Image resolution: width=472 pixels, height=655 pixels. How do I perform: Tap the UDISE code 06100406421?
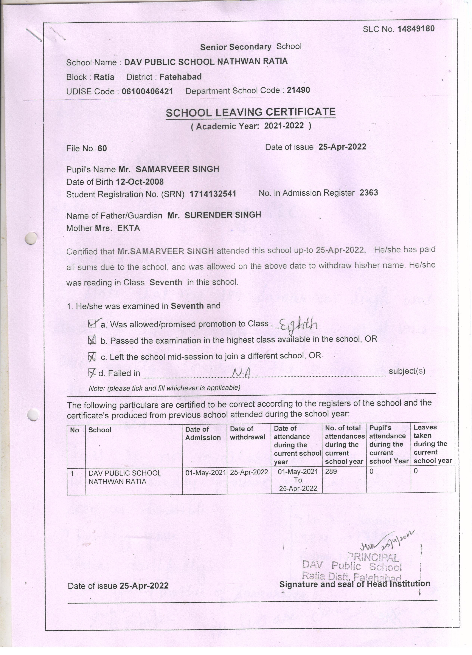pyautogui.click(x=147, y=92)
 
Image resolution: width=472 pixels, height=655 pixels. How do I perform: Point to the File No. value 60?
pyautogui.click(x=102, y=148)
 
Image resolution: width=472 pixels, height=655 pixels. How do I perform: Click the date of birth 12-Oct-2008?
pyautogui.click(x=139, y=182)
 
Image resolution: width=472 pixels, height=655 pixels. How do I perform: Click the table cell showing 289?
pyautogui.click(x=331, y=472)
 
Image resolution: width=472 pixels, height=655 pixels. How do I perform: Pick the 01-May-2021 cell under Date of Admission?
pyautogui.click(x=205, y=473)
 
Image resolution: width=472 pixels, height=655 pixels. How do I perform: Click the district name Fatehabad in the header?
pyautogui.click(x=180, y=77)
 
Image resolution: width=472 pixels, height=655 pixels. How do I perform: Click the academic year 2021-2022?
pyautogui.click(x=284, y=126)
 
